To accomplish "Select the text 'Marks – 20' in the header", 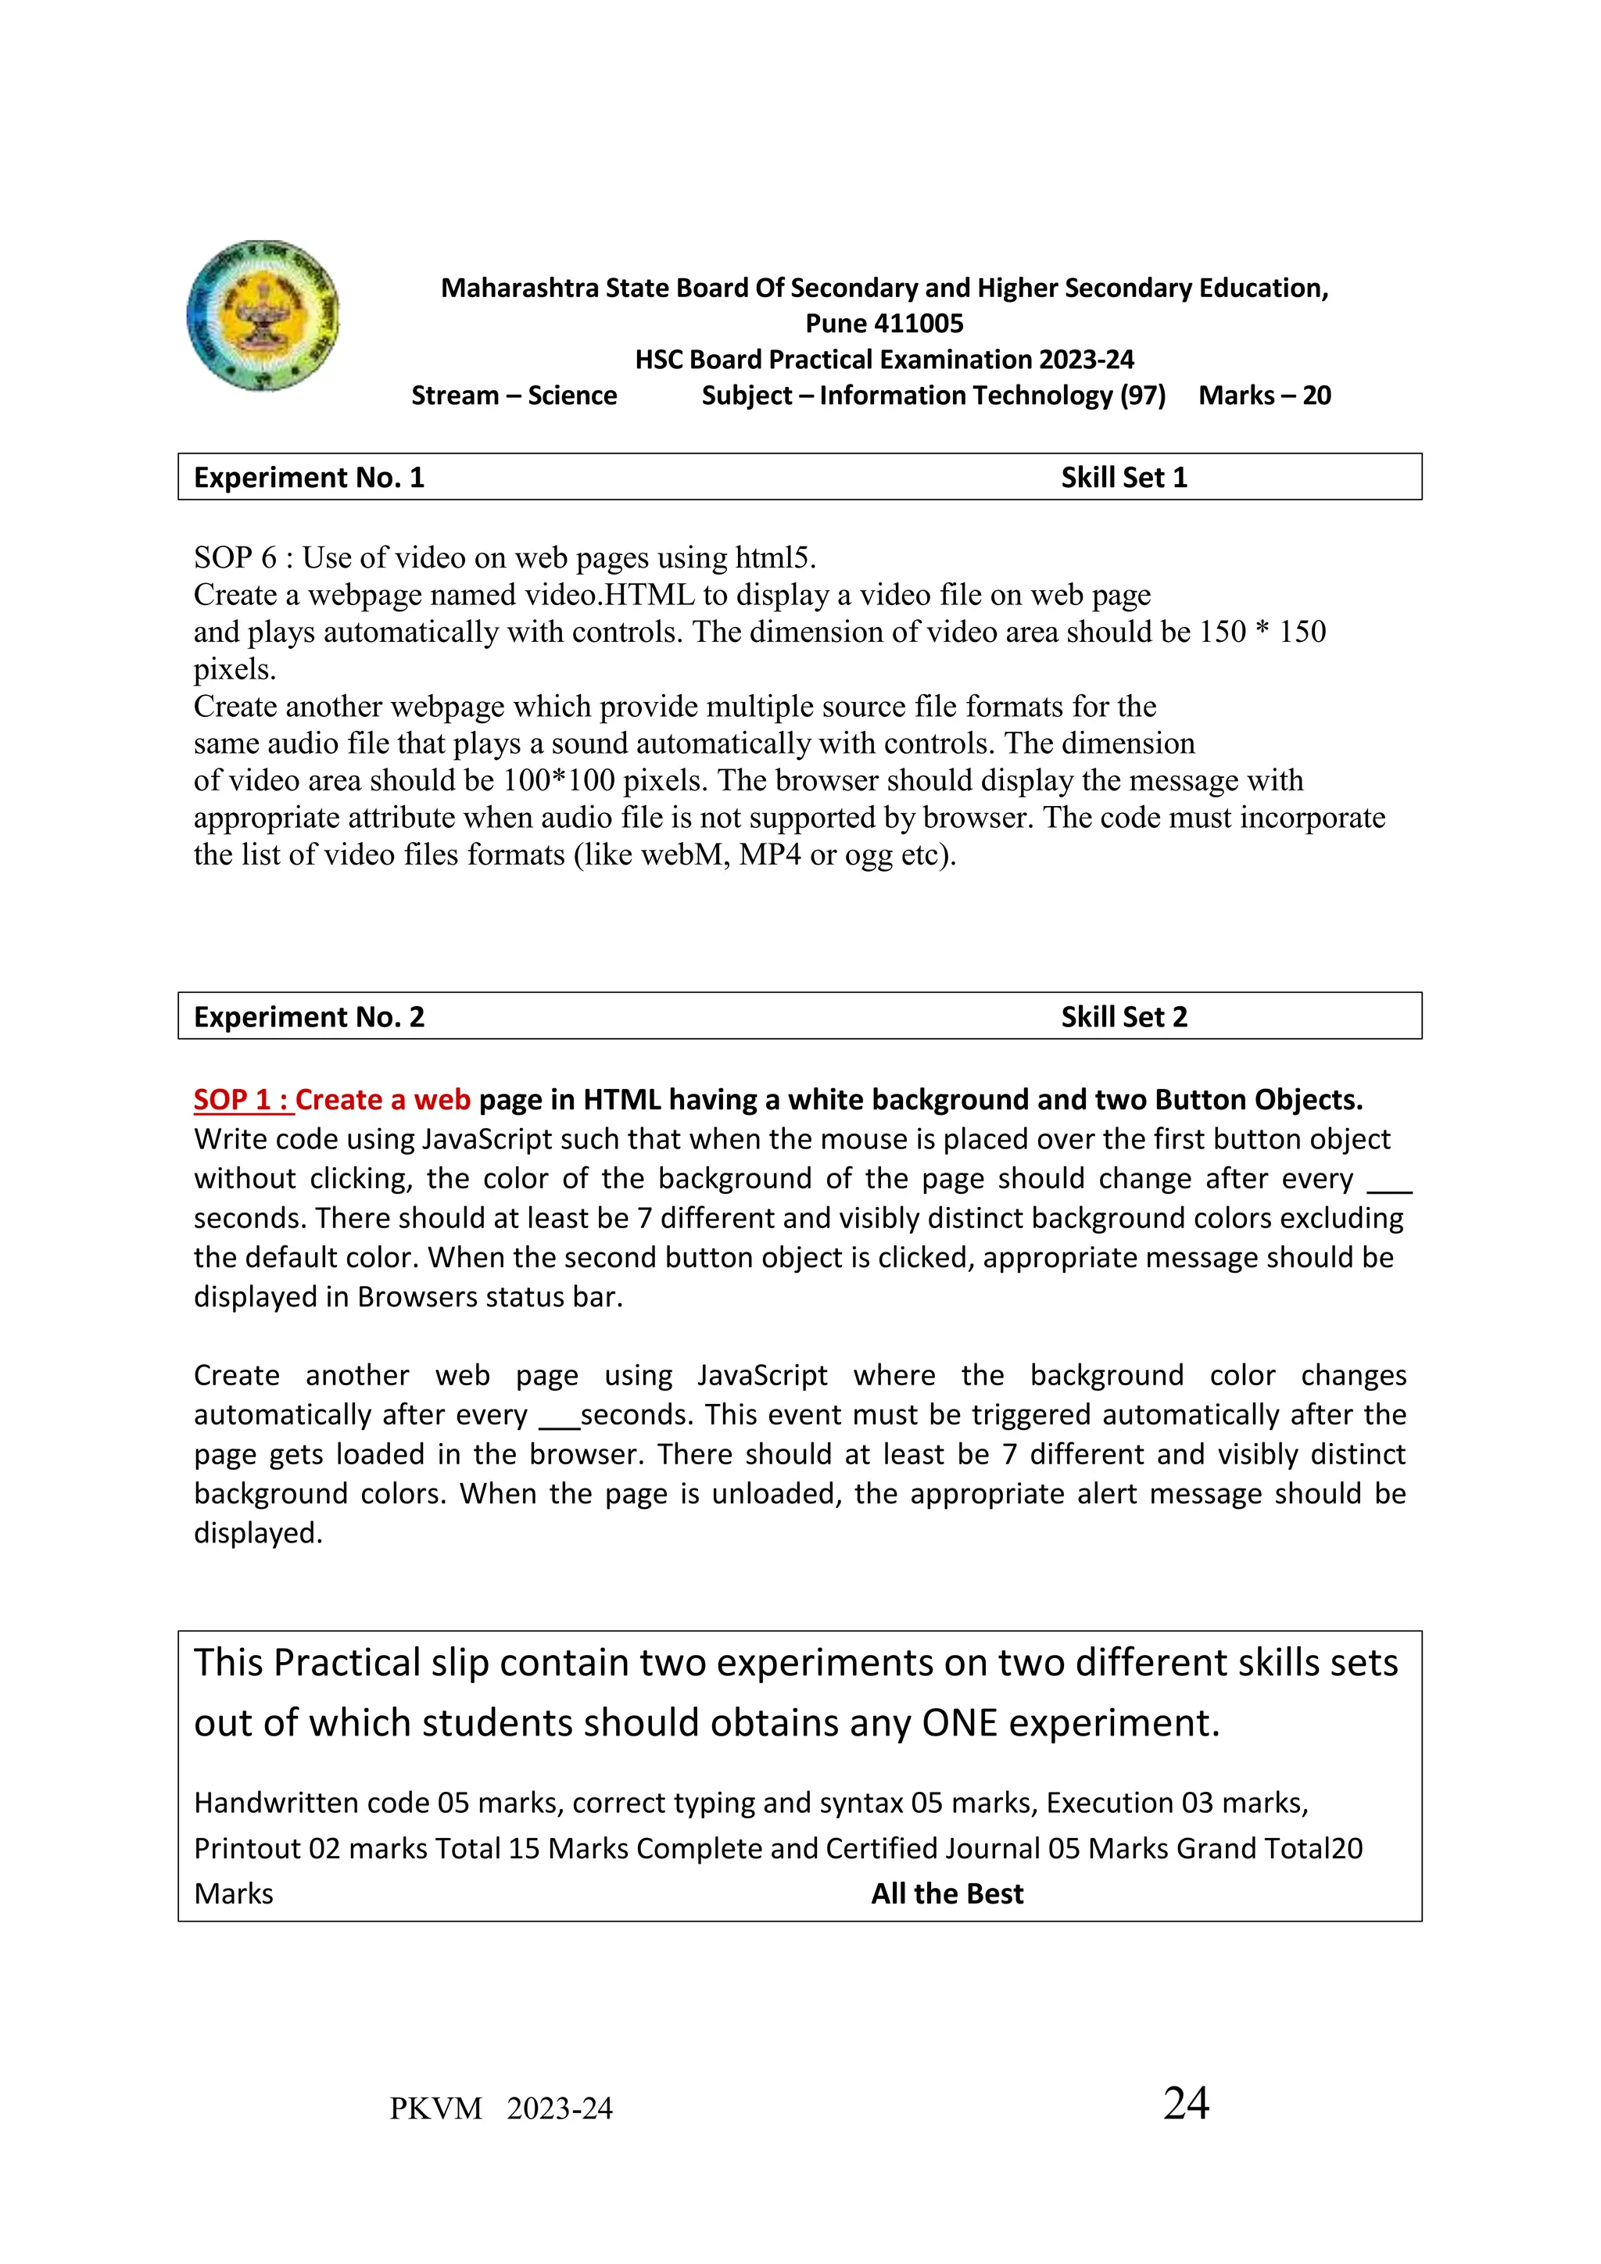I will point(1264,396).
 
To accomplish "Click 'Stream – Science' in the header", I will point(514,396).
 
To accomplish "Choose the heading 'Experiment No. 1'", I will point(309,477).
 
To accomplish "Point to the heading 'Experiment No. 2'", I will point(309,1016).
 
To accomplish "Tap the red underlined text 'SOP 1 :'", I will point(242,1099).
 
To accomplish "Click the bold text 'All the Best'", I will point(947,1893).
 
